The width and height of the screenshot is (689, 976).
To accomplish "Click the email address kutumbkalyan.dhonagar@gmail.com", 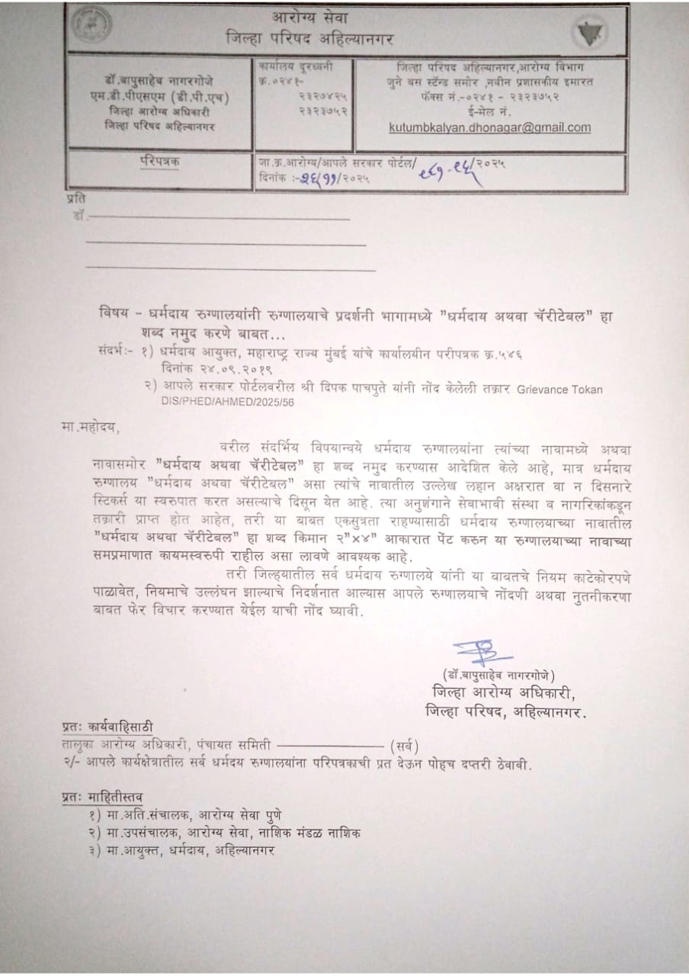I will click(x=490, y=128).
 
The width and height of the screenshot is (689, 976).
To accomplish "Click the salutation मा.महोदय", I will click(x=90, y=428).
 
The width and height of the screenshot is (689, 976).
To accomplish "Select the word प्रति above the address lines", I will click(x=75, y=197).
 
